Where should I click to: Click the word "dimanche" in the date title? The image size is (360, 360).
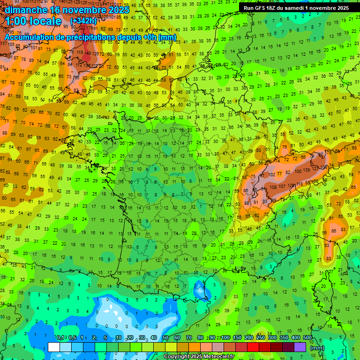coord(26,10)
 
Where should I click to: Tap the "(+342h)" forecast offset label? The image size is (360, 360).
coord(83,21)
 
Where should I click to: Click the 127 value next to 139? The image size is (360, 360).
coord(317,167)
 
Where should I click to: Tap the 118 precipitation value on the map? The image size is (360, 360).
coord(299,184)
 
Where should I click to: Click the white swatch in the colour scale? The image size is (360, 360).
coord(54,347)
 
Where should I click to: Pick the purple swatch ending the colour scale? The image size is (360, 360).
coord(300,347)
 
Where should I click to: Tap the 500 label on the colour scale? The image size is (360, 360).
coord(307,338)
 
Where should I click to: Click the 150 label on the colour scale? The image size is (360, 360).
coord(237,338)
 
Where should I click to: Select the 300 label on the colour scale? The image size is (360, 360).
coord(272,338)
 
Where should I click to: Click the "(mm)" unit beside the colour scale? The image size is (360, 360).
coord(317,348)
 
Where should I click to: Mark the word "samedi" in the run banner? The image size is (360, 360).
coord(294,8)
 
